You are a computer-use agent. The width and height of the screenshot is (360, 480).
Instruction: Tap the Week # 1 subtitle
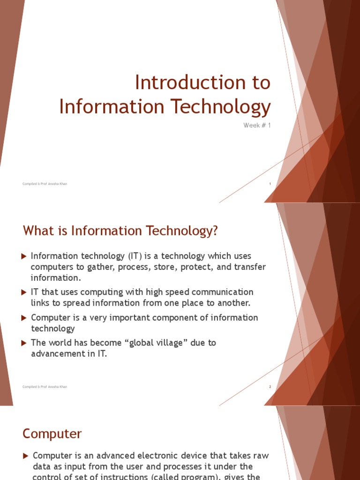pos(257,125)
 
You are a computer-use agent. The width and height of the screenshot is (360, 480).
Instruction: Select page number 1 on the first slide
pos(270,184)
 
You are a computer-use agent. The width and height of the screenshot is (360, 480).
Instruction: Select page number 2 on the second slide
pos(270,387)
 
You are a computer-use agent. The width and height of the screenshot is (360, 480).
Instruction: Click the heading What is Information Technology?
pos(120,231)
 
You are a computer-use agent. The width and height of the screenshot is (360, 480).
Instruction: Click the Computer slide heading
pos(52,434)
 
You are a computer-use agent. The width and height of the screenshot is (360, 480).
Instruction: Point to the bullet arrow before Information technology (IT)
pos(24,256)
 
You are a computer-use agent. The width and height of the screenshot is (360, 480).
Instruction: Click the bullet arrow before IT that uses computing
pos(24,292)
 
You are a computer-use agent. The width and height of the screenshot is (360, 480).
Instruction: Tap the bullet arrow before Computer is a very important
pos(24,318)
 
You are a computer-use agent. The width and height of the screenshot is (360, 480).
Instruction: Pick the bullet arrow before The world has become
pos(24,343)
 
